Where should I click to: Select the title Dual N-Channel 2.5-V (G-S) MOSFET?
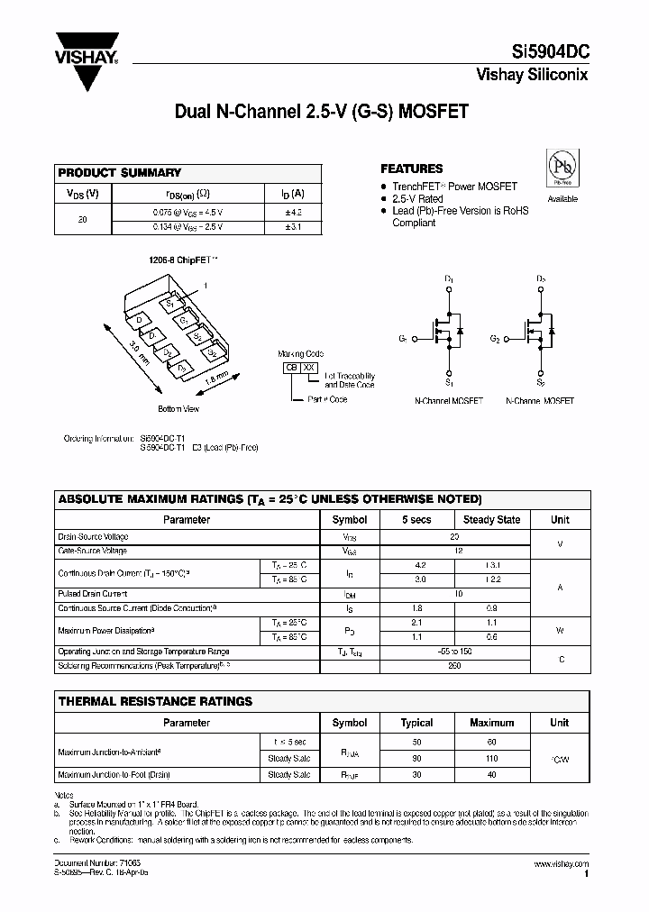[x=322, y=113]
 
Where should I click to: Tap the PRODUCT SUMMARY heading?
[x=120, y=172]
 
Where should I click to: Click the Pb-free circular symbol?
[x=562, y=169]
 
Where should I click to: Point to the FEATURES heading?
[x=411, y=169]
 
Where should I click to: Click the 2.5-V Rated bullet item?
[x=417, y=198]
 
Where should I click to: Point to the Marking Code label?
[x=300, y=354]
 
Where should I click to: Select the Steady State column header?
[x=491, y=520]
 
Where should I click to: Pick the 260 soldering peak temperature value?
[x=454, y=665]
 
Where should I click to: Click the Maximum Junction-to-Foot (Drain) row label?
[x=114, y=774]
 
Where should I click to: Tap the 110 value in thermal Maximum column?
[x=491, y=758]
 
